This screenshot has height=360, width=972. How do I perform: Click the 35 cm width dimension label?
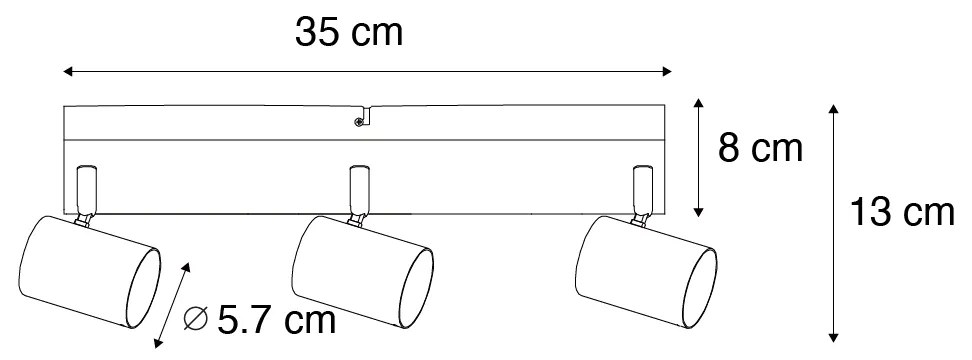[349, 34]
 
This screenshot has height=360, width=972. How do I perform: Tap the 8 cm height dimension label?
[761, 149]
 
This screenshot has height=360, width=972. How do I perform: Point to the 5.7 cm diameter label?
[275, 321]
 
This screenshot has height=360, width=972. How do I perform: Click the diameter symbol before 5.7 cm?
[198, 321]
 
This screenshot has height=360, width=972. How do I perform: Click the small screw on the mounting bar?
[358, 122]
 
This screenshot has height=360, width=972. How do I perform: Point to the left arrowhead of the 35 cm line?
[67, 71]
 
